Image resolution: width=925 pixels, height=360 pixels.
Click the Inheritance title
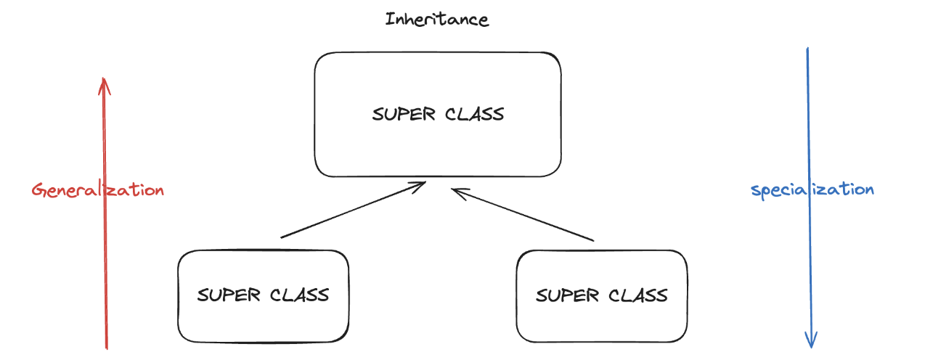[x=437, y=19]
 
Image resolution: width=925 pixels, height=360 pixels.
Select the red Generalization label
[x=98, y=190]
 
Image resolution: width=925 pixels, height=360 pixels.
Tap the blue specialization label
[x=812, y=189]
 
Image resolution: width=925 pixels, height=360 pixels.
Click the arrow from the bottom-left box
[x=352, y=210]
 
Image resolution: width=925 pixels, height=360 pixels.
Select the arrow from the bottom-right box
[x=523, y=215]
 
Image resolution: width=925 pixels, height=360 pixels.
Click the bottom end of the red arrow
[x=106, y=347]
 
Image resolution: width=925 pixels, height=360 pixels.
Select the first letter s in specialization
[x=755, y=192]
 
